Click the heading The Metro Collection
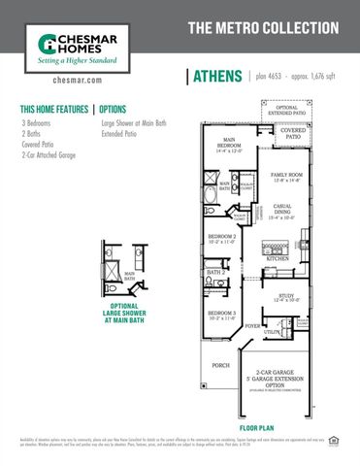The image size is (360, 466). coord(262,27)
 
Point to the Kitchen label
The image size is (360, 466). coord(279,259)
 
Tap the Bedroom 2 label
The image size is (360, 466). coord(222,238)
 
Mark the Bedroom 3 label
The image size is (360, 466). coord(222,314)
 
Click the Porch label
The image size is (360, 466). coord(221,366)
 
